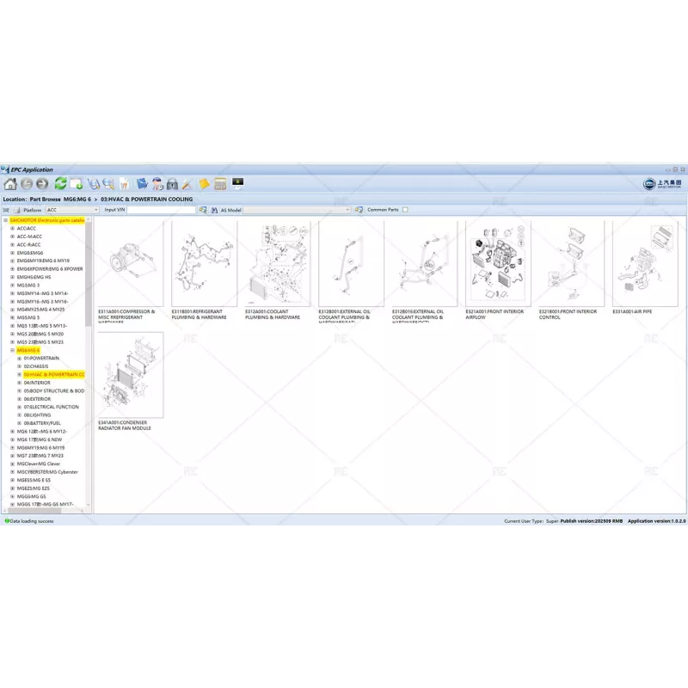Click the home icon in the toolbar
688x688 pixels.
point(10,184)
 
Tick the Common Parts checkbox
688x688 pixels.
point(363,209)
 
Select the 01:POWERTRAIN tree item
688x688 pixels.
point(42,358)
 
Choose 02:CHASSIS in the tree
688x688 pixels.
point(36,366)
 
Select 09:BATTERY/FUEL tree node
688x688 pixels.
point(42,423)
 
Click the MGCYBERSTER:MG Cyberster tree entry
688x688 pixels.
point(47,472)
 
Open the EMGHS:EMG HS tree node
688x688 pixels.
point(34,277)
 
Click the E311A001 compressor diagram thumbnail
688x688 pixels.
point(131,263)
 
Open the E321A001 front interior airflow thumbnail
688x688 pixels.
point(495,263)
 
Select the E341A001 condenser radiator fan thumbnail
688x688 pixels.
point(131,375)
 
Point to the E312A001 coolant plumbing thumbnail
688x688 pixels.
point(275,263)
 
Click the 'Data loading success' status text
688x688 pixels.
point(32,521)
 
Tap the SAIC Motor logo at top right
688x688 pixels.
point(662,184)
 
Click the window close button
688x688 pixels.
point(681,169)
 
